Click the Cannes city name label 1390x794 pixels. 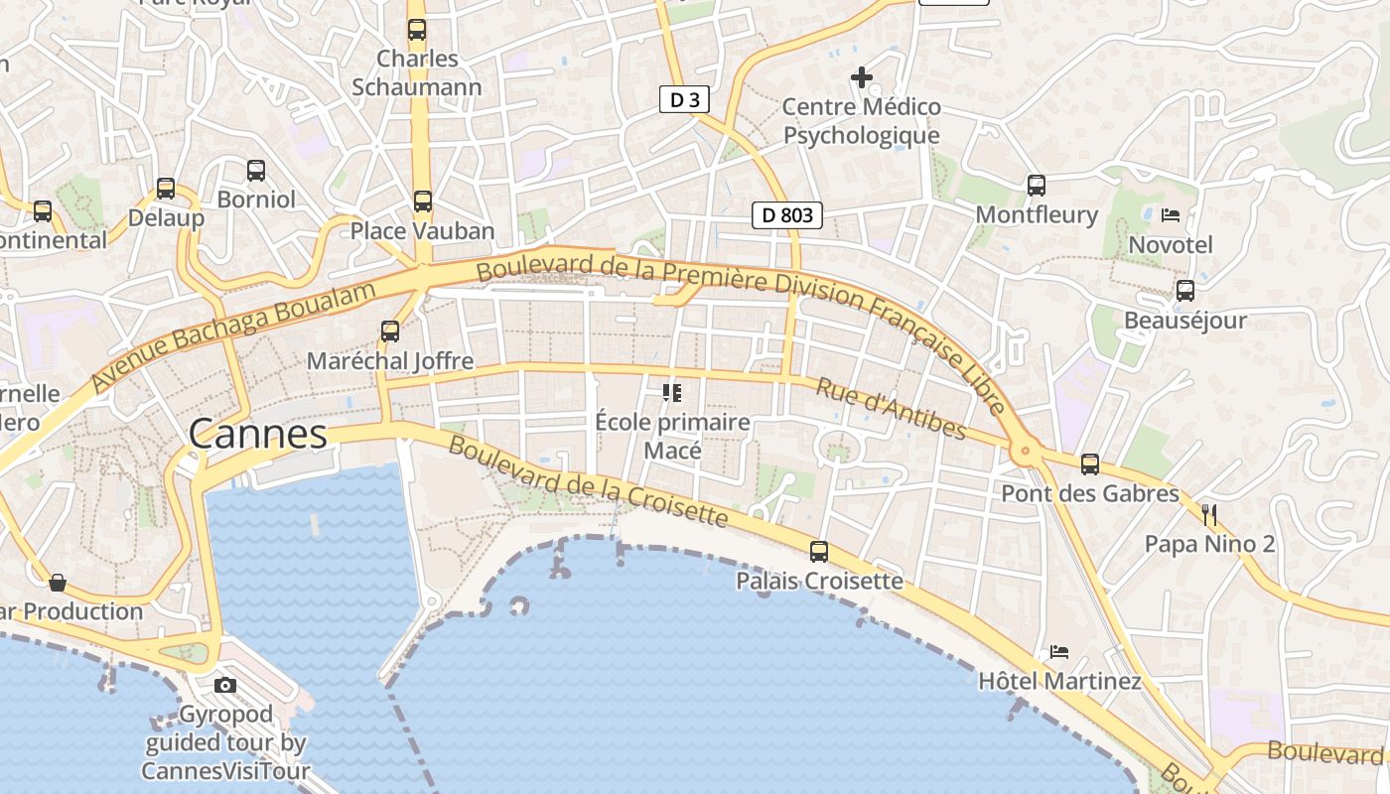pyautogui.click(x=257, y=434)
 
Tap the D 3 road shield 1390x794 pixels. pyautogui.click(x=684, y=98)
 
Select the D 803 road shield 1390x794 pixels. pyautogui.click(x=786, y=214)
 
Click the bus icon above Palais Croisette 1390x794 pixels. pyautogui.click(x=819, y=552)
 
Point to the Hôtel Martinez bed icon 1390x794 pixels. pyautogui.click(x=1059, y=652)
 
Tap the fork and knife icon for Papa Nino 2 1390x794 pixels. pyautogui.click(x=1209, y=514)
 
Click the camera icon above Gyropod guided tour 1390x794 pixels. pyautogui.click(x=225, y=685)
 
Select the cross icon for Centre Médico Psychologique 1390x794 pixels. pyautogui.click(x=861, y=76)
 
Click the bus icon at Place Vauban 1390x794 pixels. pyautogui.click(x=423, y=201)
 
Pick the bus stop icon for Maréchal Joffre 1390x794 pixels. pyautogui.click(x=390, y=331)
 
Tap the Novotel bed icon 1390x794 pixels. pyautogui.click(x=1171, y=214)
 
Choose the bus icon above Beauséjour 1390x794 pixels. pyautogui.click(x=1184, y=291)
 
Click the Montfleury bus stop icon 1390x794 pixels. pyautogui.click(x=1037, y=185)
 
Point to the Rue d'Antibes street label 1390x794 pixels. pyautogui.click(x=891, y=407)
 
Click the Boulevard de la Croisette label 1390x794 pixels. pyautogui.click(x=588, y=480)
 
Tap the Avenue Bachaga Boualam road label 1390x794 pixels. pyautogui.click(x=234, y=334)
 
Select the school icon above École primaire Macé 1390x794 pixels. pyautogui.click(x=672, y=393)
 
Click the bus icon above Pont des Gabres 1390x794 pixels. pyautogui.click(x=1090, y=463)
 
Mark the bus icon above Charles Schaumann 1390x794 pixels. pyautogui.click(x=417, y=30)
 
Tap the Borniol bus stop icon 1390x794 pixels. pyautogui.click(x=256, y=171)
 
